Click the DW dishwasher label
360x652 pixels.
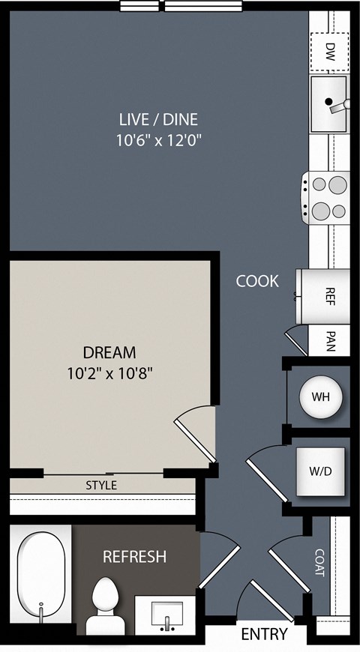(330, 51)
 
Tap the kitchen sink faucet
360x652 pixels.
(339, 106)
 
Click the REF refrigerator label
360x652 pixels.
(330, 297)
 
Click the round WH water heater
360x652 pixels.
(321, 397)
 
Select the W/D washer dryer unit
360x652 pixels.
(320, 471)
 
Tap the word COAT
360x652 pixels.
(319, 563)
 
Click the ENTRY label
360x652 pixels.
(264, 634)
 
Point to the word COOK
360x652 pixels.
(257, 282)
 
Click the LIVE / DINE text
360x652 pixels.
(158, 120)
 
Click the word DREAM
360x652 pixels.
(109, 353)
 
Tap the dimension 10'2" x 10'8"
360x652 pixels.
(109, 373)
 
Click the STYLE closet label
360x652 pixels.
(101, 486)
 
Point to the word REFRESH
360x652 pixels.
(134, 557)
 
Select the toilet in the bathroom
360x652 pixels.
(105, 606)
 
